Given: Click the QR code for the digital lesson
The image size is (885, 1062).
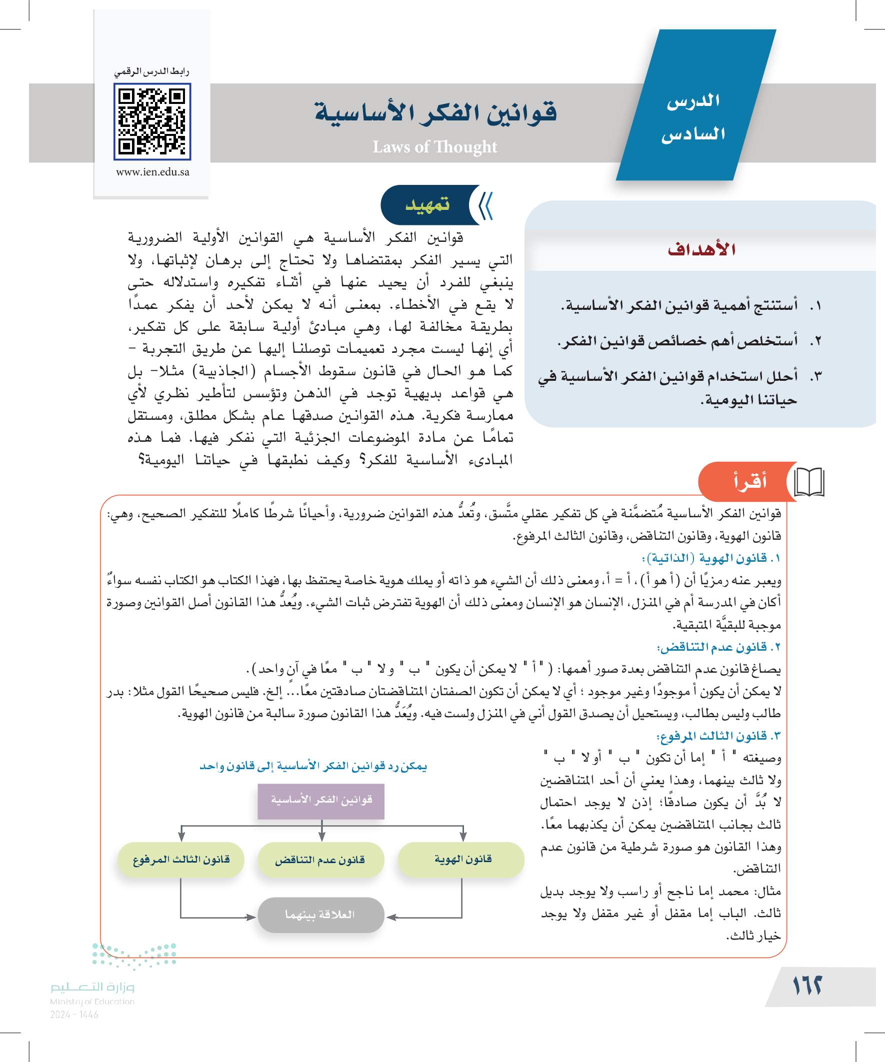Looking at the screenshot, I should pyautogui.click(x=152, y=121).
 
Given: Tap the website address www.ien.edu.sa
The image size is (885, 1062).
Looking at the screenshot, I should pyautogui.click(x=152, y=172).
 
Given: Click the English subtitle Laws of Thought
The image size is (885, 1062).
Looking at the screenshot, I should pyautogui.click(x=434, y=146).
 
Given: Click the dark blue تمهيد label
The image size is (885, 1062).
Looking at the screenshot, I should pyautogui.click(x=427, y=205).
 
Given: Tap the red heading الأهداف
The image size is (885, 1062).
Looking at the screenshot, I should pyautogui.click(x=701, y=249).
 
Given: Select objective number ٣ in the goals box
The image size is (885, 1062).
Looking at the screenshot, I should pyautogui.click(x=678, y=387).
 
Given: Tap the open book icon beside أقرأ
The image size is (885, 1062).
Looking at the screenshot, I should pyautogui.click(x=809, y=482).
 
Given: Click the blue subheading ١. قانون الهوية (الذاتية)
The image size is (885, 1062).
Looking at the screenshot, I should pyautogui.click(x=711, y=558).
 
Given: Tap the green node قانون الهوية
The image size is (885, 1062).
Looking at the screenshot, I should pyautogui.click(x=461, y=859).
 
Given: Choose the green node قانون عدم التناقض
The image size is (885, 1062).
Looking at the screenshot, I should pyautogui.click(x=321, y=860).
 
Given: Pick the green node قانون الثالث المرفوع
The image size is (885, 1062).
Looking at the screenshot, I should pyautogui.click(x=180, y=860).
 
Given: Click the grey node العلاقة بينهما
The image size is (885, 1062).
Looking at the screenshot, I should pyautogui.click(x=321, y=915).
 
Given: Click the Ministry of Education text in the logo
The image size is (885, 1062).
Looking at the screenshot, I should pyautogui.click(x=92, y=1002).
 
